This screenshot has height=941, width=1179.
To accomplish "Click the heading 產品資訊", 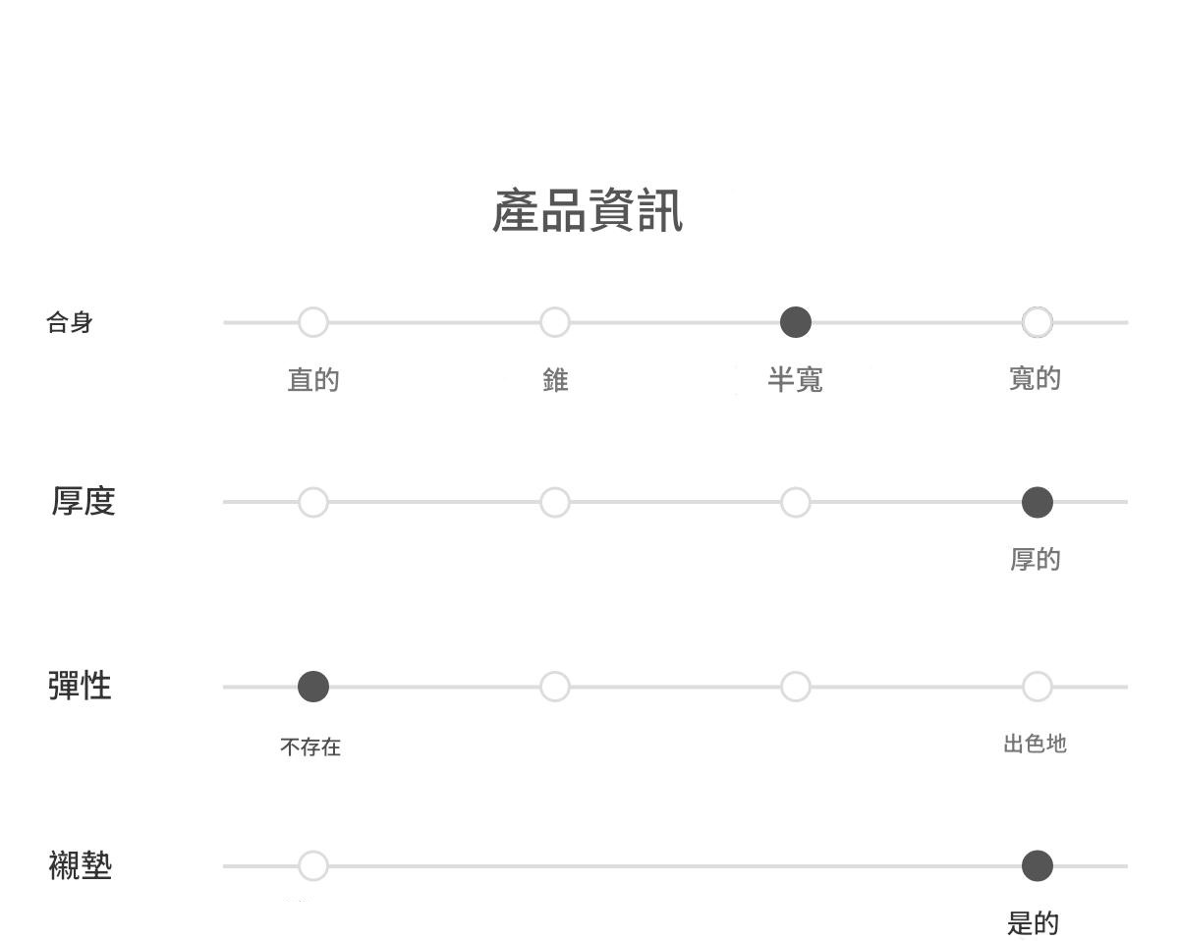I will [588, 211].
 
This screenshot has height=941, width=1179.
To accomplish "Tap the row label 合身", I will [70, 322].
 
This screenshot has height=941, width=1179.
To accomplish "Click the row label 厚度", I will [84, 501].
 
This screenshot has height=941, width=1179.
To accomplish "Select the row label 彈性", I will [80, 686].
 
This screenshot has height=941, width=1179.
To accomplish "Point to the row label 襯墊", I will [80, 865].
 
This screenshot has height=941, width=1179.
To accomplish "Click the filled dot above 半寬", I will [796, 322].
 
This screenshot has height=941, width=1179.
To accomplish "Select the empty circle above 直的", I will [313, 322].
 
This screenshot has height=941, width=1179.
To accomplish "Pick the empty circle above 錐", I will [555, 322].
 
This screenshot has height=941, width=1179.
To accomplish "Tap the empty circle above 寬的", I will [1038, 322].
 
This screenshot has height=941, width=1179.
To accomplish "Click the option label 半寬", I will [795, 379].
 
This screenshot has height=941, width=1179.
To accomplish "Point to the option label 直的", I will [313, 379].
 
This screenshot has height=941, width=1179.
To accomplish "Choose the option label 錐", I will [555, 379].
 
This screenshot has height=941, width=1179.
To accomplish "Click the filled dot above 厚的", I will [1038, 502].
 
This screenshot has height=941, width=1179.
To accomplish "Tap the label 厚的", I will [1036, 559].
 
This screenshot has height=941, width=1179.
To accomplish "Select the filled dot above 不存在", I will [313, 687].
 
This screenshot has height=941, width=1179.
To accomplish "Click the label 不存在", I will [310, 747].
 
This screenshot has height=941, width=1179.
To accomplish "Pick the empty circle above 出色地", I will [1038, 687].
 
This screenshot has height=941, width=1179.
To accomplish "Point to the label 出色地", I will [1036, 744].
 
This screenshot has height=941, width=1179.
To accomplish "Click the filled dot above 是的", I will [1038, 866].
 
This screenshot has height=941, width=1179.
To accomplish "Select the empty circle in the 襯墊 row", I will [313, 866].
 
